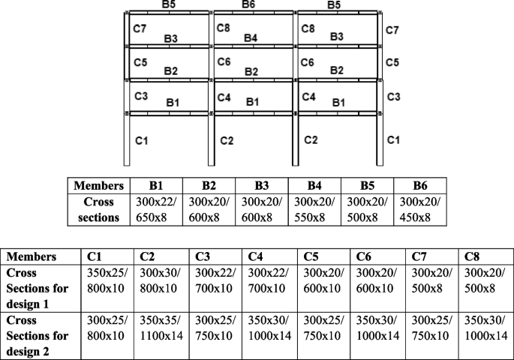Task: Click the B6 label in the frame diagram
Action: tap(249, 5)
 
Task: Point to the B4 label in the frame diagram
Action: tap(251, 37)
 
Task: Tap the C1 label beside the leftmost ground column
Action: tap(141, 140)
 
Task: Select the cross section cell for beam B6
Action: tap(420, 210)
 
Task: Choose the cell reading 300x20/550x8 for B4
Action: tap(314, 210)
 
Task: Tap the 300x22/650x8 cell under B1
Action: tap(155, 210)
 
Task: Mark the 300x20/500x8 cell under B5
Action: tap(367, 210)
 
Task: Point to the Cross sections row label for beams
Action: tap(98, 210)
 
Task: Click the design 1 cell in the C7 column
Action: tap(432, 283)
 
